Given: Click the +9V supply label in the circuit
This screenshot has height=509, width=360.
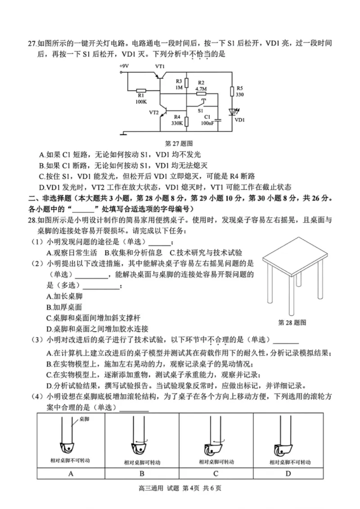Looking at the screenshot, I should [124, 66].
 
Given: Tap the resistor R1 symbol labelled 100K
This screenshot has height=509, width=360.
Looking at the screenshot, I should [141, 89].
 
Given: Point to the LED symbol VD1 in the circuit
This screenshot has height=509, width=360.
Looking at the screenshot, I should [233, 111].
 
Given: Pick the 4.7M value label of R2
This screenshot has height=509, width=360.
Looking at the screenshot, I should [201, 89].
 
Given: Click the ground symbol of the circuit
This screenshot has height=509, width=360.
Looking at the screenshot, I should [125, 133].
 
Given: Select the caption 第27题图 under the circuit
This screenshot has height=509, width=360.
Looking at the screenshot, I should [179, 143].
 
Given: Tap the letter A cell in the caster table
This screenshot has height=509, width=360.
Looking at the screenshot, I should [70, 473].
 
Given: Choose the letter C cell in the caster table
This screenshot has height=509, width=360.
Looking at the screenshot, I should [216, 473].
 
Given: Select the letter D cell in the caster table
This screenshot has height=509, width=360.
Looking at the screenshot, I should [288, 473].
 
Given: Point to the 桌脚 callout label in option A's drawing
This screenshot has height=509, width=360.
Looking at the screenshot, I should [84, 419].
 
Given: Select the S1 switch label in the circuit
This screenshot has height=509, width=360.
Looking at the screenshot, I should [201, 110].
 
